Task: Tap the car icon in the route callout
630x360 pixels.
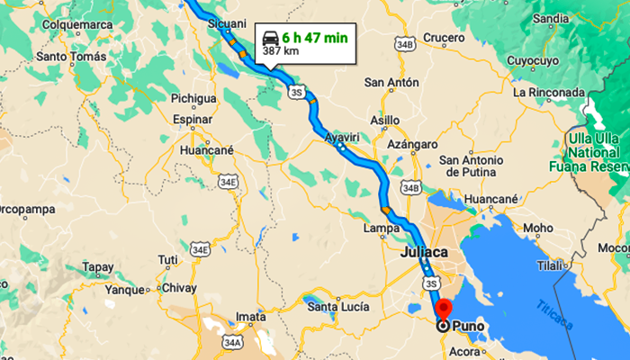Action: coord(269,38)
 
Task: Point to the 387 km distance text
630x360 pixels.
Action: coord(281,52)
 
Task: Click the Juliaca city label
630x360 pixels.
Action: coord(423,253)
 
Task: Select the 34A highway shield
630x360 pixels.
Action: coord(233,342)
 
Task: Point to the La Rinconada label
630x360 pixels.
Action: coord(548,92)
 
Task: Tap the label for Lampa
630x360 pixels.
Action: coord(382,229)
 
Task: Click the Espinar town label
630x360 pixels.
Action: coord(192,119)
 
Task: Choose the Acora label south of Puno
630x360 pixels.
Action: coord(466,349)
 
